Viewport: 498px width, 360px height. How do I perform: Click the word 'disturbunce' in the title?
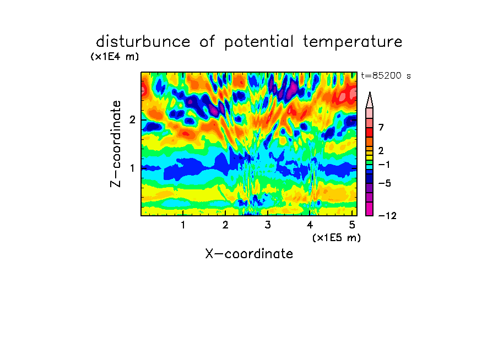tap(143, 42)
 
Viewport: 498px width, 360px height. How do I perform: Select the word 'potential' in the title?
tap(259, 42)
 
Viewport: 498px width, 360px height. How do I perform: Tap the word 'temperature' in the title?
tap(353, 42)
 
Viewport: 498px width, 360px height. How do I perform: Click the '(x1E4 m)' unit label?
tap(115, 57)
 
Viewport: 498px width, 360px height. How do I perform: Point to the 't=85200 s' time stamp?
tap(386, 75)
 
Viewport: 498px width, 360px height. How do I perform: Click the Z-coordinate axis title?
tap(116, 144)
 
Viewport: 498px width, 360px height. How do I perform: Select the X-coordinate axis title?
tap(249, 254)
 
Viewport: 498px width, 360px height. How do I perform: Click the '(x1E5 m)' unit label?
tap(337, 238)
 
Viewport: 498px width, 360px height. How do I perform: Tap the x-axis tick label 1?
tap(183, 225)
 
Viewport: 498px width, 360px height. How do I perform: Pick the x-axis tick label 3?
tap(268, 225)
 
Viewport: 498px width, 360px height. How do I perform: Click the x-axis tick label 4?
tap(310, 225)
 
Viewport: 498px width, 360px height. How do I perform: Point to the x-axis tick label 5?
tap(352, 225)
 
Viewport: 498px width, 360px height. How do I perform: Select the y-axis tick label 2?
tap(132, 119)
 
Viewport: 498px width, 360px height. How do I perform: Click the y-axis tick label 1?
tap(132, 168)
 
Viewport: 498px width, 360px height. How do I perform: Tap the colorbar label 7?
tap(381, 127)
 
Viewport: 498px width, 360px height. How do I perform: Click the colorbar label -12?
tap(387, 216)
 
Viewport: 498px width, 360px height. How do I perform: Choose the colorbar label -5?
tap(385, 183)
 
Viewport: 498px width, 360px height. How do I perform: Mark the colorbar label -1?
tap(384, 165)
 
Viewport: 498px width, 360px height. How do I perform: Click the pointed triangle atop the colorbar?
tap(370, 100)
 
